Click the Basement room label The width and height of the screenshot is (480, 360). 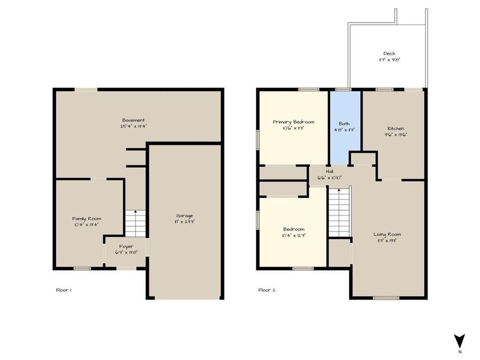(133, 120)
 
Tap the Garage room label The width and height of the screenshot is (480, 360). (185, 215)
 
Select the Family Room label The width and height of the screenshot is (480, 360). (87, 219)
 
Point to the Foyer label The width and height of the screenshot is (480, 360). (126, 247)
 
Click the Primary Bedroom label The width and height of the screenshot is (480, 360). (293, 122)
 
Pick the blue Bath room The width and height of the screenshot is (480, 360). (345, 128)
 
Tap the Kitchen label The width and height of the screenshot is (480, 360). (396, 129)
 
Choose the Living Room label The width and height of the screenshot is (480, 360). (387, 234)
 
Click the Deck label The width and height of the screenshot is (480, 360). (389, 53)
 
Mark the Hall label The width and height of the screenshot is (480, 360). (329, 171)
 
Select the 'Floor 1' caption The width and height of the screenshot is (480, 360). (63, 290)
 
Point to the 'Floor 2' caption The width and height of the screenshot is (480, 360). (266, 290)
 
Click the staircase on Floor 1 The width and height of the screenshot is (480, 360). (135, 223)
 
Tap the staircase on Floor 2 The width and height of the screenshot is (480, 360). (339, 212)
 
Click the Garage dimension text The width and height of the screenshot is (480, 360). (185, 222)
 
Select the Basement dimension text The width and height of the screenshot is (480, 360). (133, 126)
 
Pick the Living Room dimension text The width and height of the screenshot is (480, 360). (387, 241)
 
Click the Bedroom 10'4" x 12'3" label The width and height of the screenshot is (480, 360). (293, 232)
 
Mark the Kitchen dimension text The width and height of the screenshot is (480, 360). (396, 135)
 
